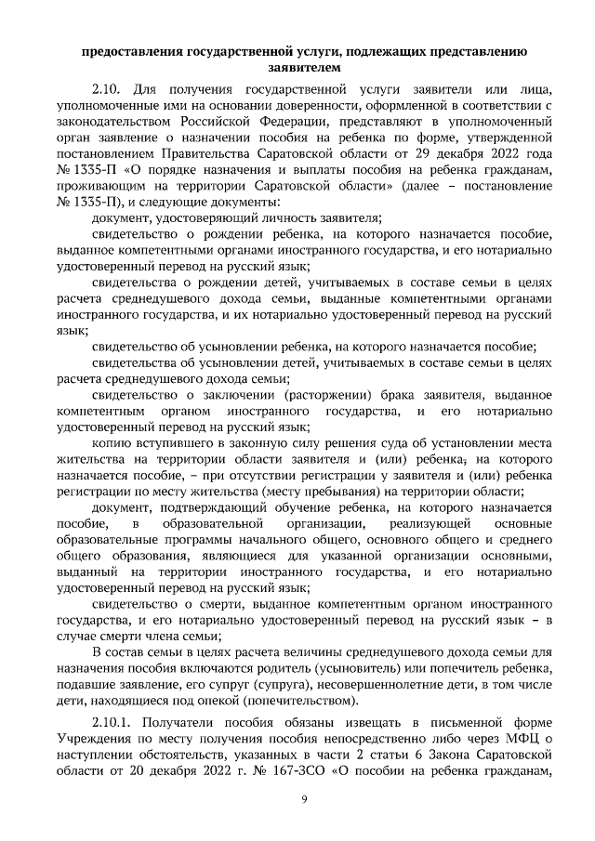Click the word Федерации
(x=271, y=122)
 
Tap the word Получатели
(x=187, y=723)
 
